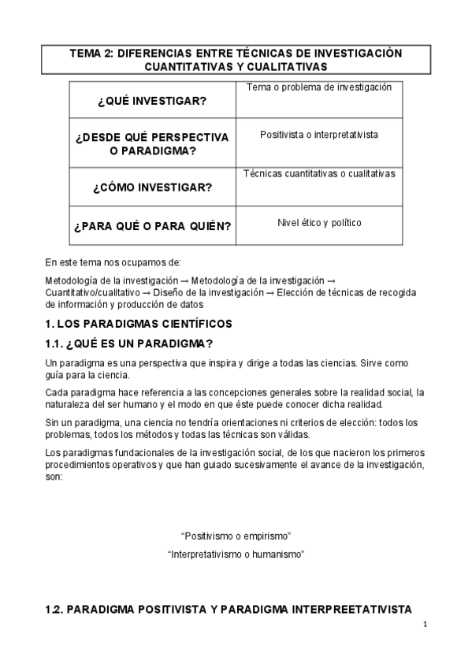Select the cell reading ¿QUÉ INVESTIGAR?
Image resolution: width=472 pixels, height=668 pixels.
click(151, 102)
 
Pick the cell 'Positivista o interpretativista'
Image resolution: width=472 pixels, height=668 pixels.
click(318, 135)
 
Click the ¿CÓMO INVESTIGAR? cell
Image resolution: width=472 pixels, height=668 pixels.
click(151, 187)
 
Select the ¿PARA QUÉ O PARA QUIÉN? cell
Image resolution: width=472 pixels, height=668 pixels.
click(151, 227)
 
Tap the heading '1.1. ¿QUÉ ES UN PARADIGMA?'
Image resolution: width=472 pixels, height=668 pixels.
click(129, 344)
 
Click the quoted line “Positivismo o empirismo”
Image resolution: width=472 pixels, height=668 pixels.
click(236, 536)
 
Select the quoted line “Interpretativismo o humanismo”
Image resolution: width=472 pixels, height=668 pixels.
click(236, 555)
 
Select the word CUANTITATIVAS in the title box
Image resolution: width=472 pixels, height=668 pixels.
click(188, 67)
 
